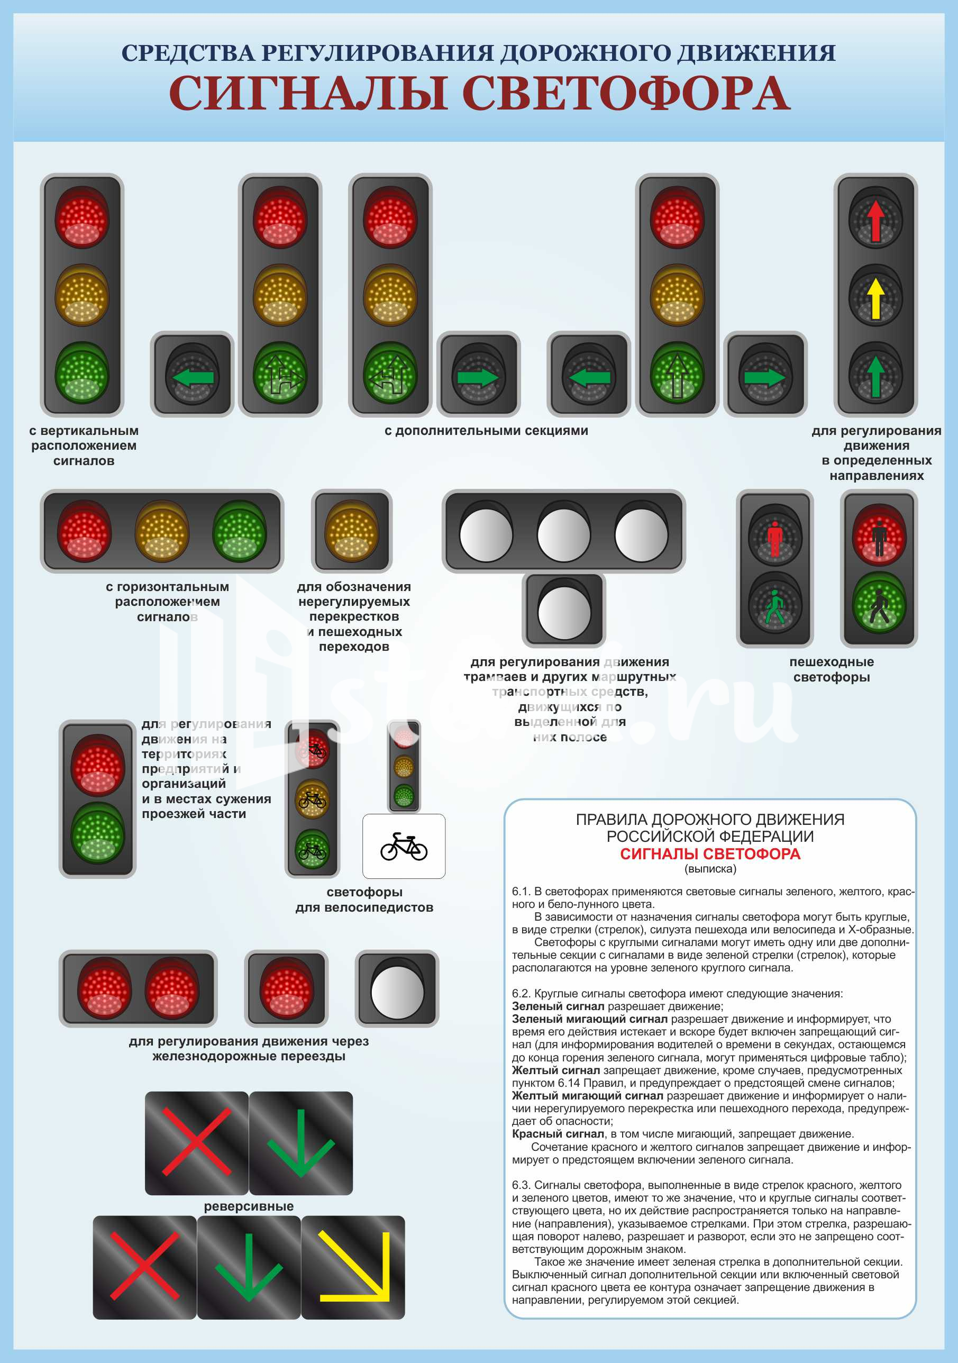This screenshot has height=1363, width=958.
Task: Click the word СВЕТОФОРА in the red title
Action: point(626,94)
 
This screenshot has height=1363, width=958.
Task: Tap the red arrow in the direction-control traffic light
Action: point(875,220)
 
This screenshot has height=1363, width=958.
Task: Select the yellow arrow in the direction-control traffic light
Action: point(875,298)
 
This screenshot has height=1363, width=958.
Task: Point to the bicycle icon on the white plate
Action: point(404,846)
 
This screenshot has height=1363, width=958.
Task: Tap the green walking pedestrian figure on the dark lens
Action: point(774,607)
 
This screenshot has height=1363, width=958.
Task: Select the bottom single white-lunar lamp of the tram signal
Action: point(564,612)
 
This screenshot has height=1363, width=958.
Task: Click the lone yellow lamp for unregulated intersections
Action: point(352,531)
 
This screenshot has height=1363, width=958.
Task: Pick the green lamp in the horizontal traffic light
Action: point(239,532)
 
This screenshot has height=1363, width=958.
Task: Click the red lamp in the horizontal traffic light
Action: point(84,532)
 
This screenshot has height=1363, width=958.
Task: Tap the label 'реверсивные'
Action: point(249,1206)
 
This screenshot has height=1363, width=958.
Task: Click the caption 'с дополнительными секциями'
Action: point(486,431)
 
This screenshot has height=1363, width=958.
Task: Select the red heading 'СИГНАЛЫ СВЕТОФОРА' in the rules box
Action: point(710,854)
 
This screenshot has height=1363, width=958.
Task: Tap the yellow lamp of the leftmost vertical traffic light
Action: point(82,295)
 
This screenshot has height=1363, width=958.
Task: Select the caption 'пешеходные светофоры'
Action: point(831,670)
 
